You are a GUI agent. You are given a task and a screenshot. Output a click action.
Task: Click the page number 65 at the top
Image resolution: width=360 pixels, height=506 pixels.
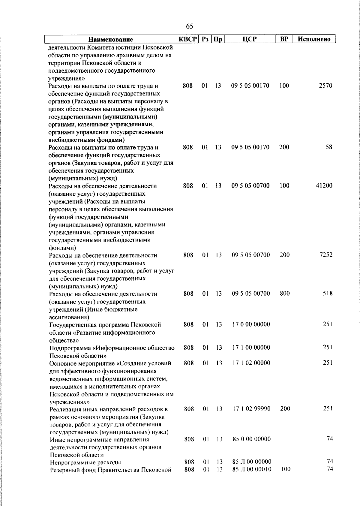click(190, 26)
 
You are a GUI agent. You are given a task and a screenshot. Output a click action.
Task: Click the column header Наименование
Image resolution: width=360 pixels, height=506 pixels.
click(111, 39)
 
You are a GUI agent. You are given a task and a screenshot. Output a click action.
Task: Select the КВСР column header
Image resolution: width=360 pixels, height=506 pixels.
click(188, 39)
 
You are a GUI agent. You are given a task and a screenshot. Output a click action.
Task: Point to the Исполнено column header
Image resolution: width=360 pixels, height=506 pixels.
click(314, 39)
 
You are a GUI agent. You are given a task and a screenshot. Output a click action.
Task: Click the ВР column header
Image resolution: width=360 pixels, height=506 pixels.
click(284, 39)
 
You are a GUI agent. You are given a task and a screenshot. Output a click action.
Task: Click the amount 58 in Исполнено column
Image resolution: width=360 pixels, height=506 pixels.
click(329, 147)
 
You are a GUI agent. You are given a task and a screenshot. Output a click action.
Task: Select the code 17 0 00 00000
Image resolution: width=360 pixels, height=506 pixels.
click(251, 324)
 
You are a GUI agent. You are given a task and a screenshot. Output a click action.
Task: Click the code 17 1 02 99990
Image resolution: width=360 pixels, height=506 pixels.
click(252, 408)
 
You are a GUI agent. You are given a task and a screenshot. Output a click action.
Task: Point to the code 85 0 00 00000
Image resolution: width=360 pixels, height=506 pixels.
click(252, 439)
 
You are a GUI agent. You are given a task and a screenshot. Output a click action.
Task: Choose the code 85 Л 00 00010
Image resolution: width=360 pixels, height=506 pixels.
click(252, 469)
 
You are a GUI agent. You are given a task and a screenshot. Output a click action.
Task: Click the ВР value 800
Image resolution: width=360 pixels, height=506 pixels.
click(285, 293)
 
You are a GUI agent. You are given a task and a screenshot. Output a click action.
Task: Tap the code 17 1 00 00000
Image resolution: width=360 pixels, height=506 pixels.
click(251, 347)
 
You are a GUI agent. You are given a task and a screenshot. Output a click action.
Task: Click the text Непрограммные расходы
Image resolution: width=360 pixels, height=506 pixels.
click(85, 462)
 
